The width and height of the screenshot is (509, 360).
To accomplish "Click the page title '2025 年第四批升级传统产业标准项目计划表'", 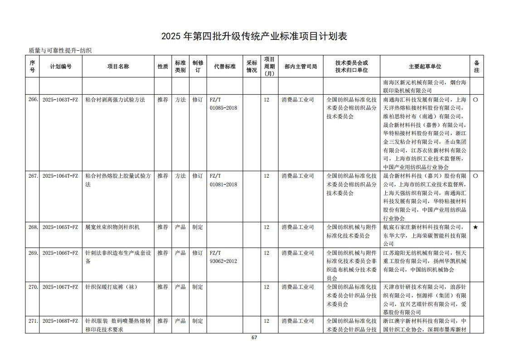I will point(254,36).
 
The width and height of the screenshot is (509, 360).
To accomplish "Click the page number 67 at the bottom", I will point(254,337).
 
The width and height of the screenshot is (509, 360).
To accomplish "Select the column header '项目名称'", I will point(118,67).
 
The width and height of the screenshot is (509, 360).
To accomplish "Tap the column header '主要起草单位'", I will point(425,67).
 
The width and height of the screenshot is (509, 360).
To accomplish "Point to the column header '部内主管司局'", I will point(301,67).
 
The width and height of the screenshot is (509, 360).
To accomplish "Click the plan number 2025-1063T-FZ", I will point(60,100).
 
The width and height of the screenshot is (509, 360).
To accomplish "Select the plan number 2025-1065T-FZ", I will point(60,227).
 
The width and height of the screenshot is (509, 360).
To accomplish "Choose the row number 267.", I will point(33,176).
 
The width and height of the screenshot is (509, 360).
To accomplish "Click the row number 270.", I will point(33,287).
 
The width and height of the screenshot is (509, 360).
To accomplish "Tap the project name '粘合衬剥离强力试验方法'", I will point(115,100).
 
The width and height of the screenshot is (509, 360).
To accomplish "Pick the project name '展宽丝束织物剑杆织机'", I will point(112,227).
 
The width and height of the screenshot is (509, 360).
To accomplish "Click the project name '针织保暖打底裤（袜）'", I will point(111,287).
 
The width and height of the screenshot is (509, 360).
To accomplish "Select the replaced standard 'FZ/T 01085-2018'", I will point(223,104).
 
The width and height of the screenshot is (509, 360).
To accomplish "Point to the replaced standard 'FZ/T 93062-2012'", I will point(223,257).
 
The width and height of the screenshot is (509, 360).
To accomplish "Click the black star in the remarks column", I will point(475,227).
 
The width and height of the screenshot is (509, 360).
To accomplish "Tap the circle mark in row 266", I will point(475,100).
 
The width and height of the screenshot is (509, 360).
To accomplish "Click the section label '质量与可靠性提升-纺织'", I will point(60,51).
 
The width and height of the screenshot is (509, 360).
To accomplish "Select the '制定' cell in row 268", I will point(198,227).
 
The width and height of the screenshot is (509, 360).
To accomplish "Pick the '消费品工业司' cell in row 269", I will point(298,253).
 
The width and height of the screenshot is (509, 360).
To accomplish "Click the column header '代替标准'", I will point(225,67).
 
